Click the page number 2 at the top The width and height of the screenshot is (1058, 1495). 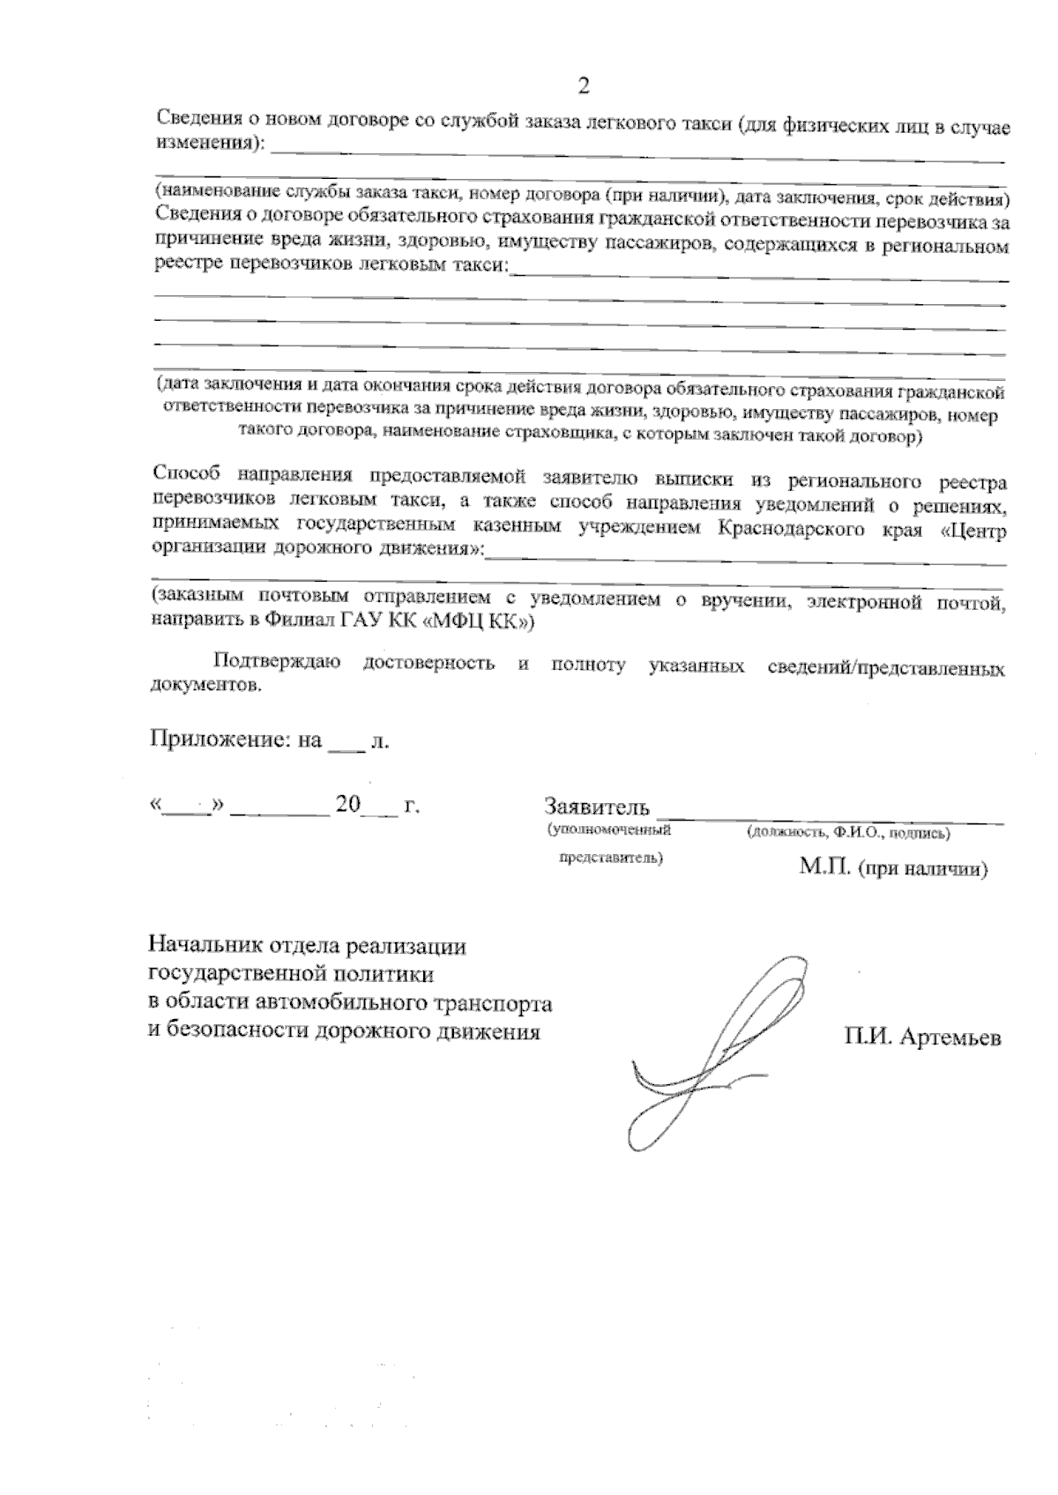582,86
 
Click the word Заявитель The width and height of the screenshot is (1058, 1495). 597,807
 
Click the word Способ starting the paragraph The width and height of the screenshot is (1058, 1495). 187,476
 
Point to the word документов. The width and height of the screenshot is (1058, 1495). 207,686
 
